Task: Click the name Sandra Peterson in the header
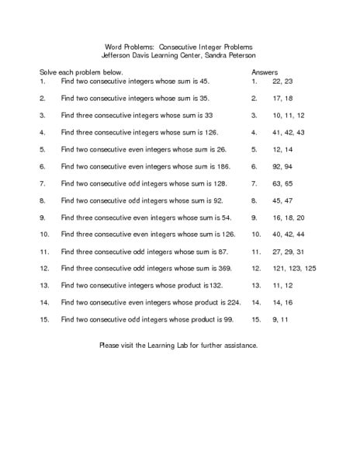click(232, 55)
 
